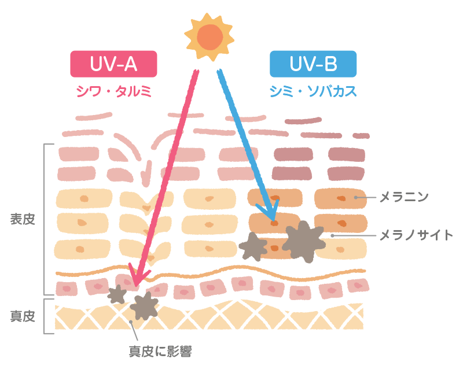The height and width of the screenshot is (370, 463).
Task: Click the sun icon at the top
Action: tap(209, 36)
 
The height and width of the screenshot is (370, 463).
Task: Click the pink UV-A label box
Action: tap(113, 64)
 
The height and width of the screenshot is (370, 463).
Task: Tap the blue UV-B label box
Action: tap(313, 64)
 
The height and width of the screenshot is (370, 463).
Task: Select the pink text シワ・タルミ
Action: tap(113, 91)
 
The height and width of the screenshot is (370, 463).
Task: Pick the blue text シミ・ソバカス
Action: tap(313, 91)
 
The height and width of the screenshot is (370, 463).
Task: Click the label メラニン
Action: tap(403, 198)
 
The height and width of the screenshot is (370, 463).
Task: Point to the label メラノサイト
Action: tap(416, 235)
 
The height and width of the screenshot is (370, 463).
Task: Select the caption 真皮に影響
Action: tap(160, 350)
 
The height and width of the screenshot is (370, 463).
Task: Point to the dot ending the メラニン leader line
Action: tap(356, 198)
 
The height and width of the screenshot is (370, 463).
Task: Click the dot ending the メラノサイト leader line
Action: tap(332, 235)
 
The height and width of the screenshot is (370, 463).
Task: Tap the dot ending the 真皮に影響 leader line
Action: tap(131, 322)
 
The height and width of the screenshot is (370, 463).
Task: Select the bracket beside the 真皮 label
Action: tap(45, 316)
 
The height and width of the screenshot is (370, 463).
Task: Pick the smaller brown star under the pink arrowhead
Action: tap(117, 294)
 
